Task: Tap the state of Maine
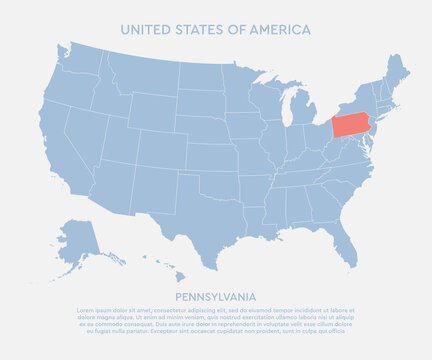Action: [398, 72]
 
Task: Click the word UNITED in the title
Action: [145, 30]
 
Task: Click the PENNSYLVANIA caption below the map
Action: [215, 297]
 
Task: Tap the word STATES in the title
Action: [200, 30]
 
